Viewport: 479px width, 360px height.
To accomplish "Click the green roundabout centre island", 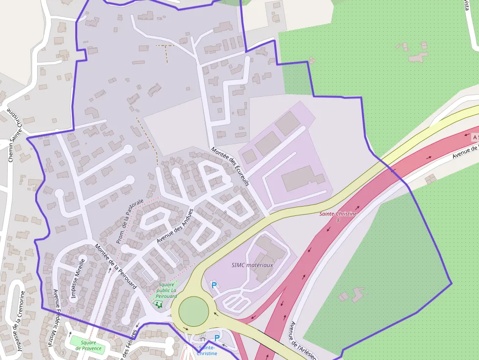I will point(194,311).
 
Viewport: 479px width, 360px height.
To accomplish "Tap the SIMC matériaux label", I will point(252,265).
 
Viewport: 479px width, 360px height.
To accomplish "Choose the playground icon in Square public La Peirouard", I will point(158,304).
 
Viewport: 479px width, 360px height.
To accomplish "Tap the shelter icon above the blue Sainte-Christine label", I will point(203,339).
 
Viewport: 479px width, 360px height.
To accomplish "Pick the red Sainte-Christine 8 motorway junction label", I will point(338,216).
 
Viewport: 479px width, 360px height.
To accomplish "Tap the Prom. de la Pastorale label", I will point(130,221).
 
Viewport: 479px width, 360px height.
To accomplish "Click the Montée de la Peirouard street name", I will point(116,266).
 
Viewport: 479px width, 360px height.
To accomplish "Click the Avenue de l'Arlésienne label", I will point(300,341).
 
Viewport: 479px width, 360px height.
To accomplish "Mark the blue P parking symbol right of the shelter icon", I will point(217,338).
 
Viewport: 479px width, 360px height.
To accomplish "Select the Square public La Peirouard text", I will point(166,290).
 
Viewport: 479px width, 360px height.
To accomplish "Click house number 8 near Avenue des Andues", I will point(225,212).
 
